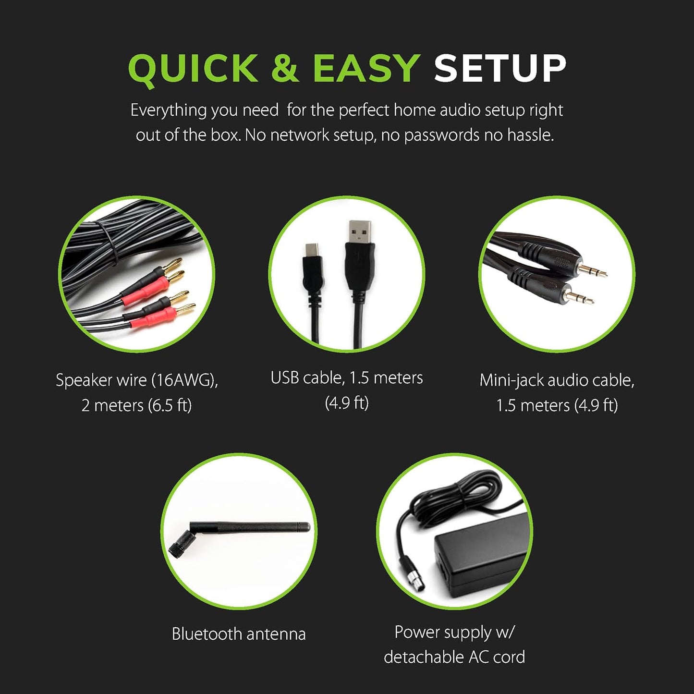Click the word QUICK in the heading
pos(193,69)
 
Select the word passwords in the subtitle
pos(442,135)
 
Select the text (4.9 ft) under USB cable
pos(347,403)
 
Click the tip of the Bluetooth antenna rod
pos(307,527)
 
